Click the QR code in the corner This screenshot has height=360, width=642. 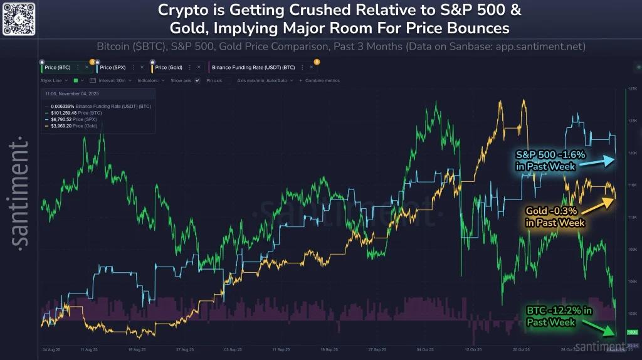(x=18, y=18)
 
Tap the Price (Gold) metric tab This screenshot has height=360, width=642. (x=169, y=67)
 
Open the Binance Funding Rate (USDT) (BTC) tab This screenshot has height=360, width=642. (x=261, y=67)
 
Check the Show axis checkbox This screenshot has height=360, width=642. (x=197, y=81)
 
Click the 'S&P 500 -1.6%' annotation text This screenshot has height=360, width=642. (x=542, y=154)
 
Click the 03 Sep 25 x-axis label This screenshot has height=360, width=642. (x=232, y=349)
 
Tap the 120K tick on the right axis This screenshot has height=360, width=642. (x=632, y=153)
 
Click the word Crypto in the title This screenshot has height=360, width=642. (x=182, y=11)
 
